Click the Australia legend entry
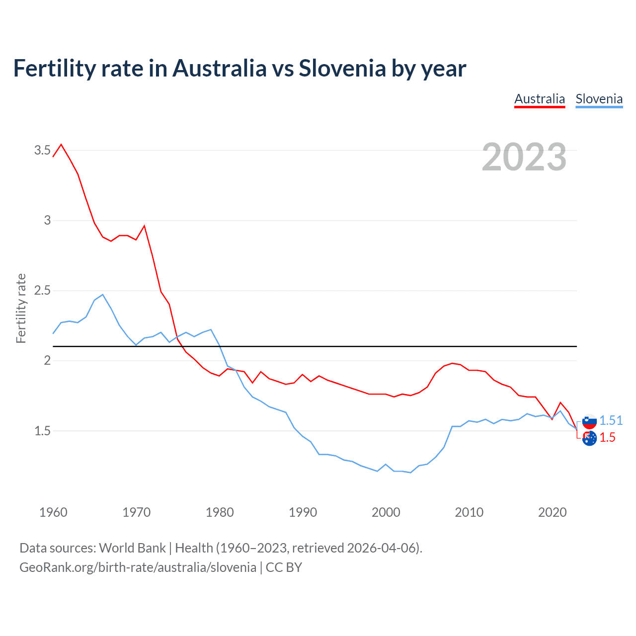[540, 99]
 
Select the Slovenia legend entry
[599, 99]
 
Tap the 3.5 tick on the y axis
[42, 150]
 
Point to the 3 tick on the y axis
[47, 220]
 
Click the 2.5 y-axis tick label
[42, 290]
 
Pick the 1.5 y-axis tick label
[42, 431]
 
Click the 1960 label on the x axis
[53, 512]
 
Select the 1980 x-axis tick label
[220, 512]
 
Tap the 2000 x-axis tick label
[386, 512]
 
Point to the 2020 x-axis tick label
[552, 512]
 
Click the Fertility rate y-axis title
[21, 308]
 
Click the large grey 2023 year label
[524, 157]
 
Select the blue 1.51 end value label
[611, 420]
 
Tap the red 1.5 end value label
[607, 437]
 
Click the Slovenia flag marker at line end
[589, 421]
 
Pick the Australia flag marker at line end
[589, 438]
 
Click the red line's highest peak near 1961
[61, 145]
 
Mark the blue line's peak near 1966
[103, 295]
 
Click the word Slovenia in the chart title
[342, 68]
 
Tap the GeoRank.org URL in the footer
[138, 567]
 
